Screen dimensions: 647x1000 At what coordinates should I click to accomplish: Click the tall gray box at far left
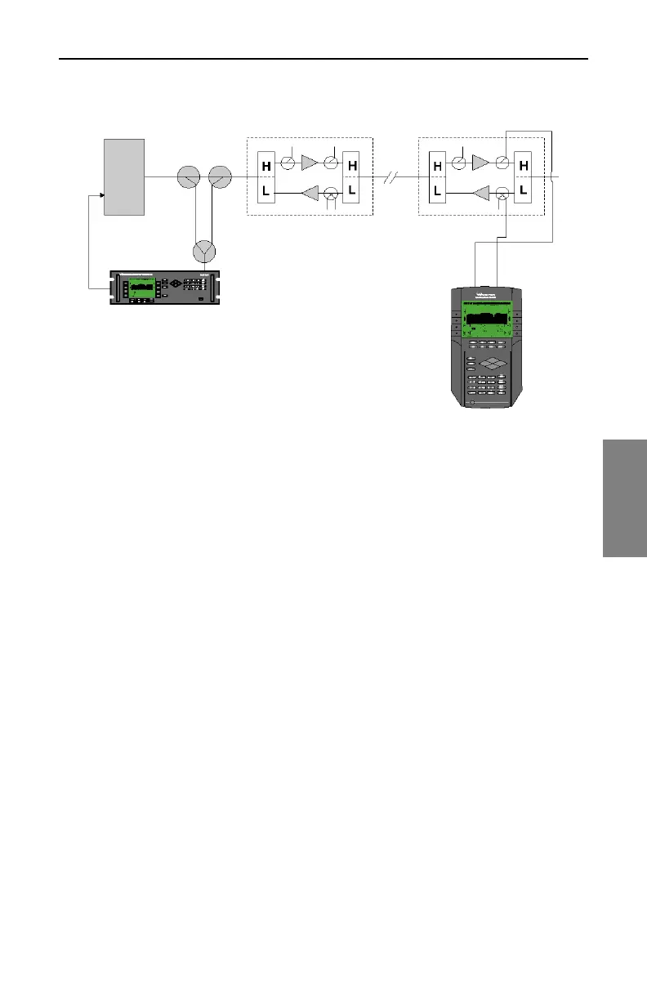tap(124, 176)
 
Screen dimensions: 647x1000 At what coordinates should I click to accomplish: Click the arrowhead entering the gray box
tap(100, 195)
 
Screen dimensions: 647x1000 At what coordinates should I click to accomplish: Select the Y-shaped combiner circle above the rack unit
tap(203, 252)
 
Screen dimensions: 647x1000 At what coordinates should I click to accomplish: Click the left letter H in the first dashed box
tap(266, 165)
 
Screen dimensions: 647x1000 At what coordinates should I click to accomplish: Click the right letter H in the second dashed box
tap(523, 166)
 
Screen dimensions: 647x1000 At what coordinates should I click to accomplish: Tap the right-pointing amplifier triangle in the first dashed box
tap(310, 163)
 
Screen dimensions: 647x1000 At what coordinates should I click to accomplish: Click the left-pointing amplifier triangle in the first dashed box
tap(310, 194)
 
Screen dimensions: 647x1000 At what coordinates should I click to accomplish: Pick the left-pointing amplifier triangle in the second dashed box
tap(481, 194)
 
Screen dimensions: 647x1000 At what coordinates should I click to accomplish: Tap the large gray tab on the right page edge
tap(625, 498)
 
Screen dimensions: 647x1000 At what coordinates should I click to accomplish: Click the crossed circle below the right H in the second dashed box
tap(503, 194)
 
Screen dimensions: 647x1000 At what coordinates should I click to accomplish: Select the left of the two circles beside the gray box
tap(188, 176)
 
